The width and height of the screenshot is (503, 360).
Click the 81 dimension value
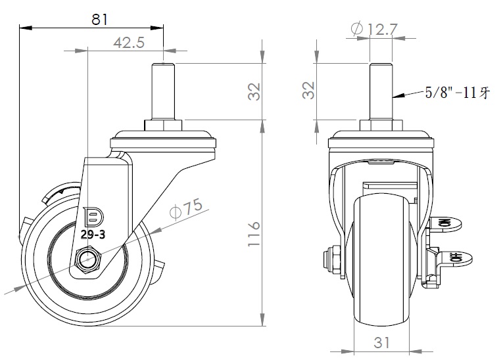click(99, 19)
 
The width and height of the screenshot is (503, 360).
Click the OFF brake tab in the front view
click(455, 258)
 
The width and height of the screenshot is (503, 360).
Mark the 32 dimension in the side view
click(254, 91)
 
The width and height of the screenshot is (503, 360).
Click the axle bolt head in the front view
click(333, 259)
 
